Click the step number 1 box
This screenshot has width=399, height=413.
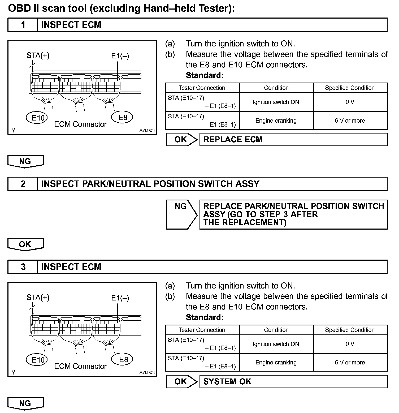tap(23, 25)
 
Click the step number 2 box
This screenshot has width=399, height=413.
tap(23, 184)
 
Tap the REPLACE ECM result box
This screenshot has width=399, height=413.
tap(293, 140)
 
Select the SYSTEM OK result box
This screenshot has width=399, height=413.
tap(293, 382)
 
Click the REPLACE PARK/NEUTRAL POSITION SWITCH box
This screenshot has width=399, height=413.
tap(293, 214)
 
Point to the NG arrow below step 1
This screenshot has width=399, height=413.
tap(25, 161)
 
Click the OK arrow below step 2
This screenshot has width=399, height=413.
tap(25, 244)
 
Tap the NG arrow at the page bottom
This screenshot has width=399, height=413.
tap(25, 403)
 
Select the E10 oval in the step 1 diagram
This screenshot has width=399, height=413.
tap(37, 118)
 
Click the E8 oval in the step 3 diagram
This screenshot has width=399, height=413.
tap(123, 359)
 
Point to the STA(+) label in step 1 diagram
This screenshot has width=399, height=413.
tap(38, 55)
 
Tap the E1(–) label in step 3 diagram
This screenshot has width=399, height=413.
tap(120, 298)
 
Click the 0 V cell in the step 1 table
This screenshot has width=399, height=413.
tap(350, 102)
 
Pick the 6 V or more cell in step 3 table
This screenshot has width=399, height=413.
tap(350, 363)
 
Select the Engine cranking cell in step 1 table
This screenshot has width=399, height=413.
tap(276, 121)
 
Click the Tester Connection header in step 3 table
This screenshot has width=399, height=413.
tap(202, 330)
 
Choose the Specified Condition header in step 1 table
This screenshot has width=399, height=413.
tap(350, 88)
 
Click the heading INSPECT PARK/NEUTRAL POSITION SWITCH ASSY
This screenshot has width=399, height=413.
tap(150, 184)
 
